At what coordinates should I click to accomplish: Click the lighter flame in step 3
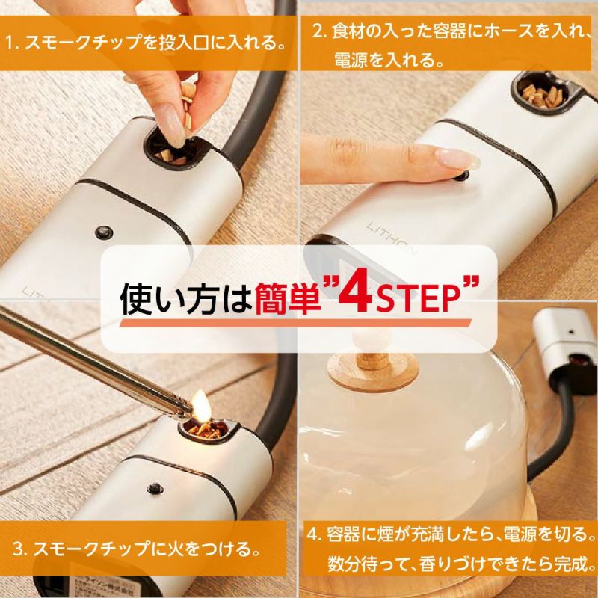pyautogui.click(x=200, y=405)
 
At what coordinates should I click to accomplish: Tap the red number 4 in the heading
pyautogui.click(x=355, y=296)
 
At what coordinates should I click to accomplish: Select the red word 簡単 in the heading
pyautogui.click(x=288, y=300)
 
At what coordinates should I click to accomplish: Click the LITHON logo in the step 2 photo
pyautogui.click(x=391, y=238)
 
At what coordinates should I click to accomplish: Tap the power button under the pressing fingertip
pyautogui.click(x=462, y=176)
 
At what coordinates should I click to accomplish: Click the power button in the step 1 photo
pyautogui.click(x=104, y=232)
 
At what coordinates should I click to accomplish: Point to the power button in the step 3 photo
pyautogui.click(x=155, y=489)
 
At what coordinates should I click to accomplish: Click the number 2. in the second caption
pyautogui.click(x=320, y=31)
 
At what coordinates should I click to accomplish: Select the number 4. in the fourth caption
pyautogui.click(x=314, y=535)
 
